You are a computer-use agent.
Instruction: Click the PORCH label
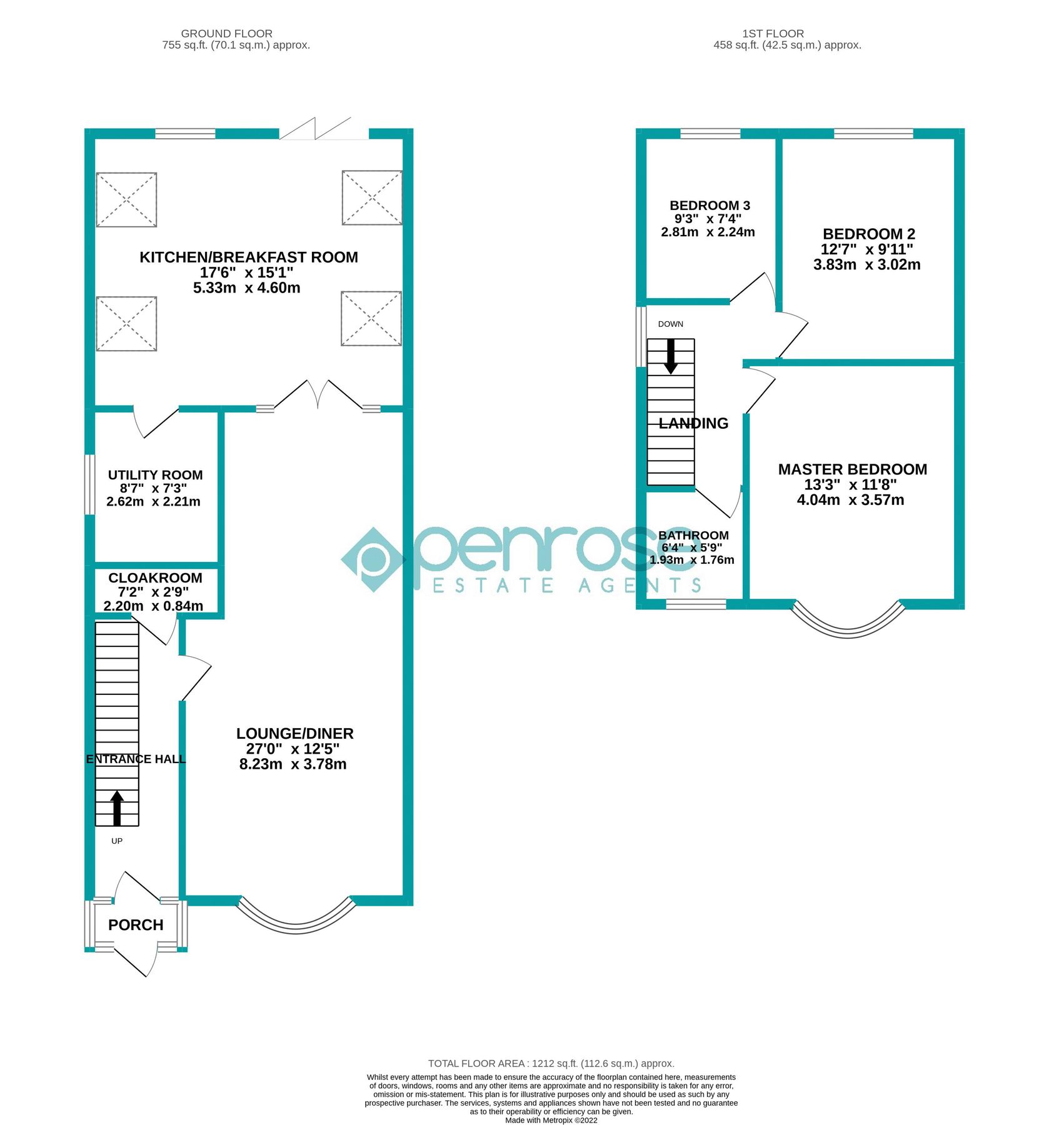[136, 925]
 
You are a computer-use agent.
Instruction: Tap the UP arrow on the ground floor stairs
[117, 808]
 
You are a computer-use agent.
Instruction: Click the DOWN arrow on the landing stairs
[670, 357]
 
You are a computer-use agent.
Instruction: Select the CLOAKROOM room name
[155, 578]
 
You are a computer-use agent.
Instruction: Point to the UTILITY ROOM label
[155, 475]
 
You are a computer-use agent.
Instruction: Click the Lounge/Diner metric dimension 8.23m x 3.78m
[293, 764]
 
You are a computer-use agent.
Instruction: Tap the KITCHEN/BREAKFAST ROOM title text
[248, 257]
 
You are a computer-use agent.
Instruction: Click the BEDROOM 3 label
[710, 206]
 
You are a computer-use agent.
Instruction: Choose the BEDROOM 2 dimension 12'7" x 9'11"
[866, 249]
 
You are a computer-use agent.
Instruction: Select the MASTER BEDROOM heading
[852, 469]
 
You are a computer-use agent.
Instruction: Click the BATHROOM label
[693, 536]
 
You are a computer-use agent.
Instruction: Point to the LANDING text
[693, 424]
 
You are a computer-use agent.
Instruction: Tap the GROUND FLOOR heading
[226, 34]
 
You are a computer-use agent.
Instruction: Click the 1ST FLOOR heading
[773, 34]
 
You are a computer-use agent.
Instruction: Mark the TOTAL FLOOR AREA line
[551, 1063]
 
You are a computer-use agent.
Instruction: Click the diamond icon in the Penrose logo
[373, 559]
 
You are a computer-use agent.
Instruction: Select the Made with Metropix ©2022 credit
[551, 1120]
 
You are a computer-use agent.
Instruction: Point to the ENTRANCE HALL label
[136, 759]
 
